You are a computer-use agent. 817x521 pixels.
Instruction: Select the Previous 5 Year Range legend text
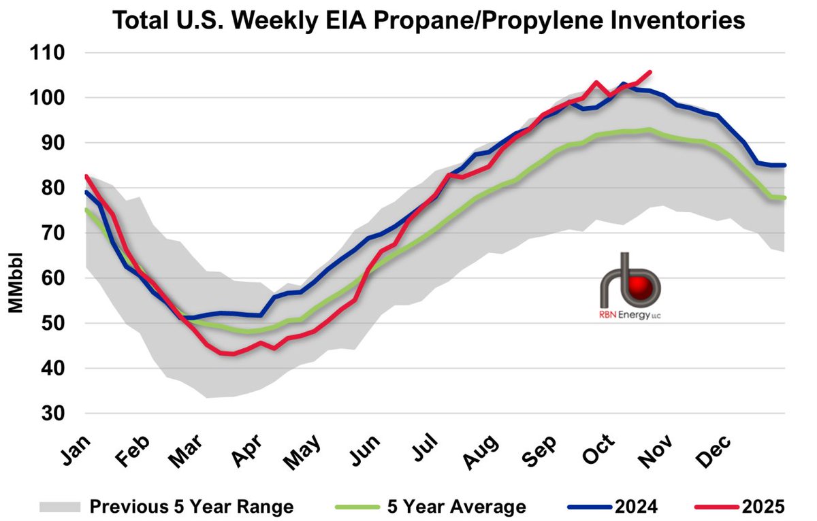coord(192,507)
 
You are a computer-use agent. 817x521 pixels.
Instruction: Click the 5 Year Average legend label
coord(454,507)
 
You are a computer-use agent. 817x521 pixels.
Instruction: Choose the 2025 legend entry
coord(762,507)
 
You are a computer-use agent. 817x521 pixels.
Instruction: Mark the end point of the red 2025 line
coord(651,71)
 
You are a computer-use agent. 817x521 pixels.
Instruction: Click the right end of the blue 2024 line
coord(785,165)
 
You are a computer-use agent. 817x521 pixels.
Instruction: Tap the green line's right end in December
coord(785,198)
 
